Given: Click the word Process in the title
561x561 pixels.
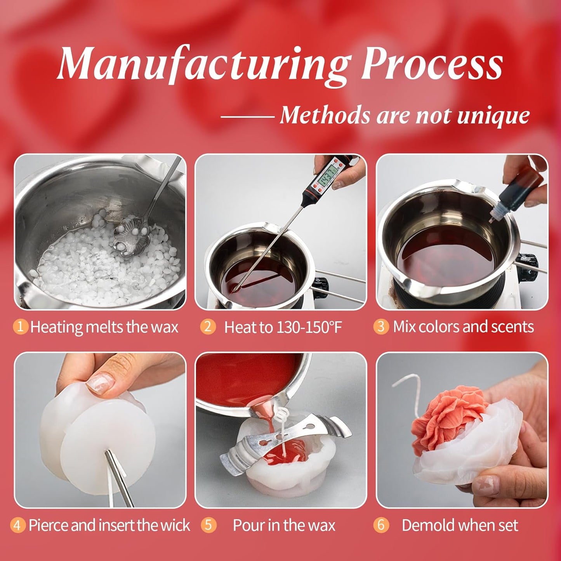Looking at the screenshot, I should point(431,64).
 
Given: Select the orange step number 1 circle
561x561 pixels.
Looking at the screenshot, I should point(21,327).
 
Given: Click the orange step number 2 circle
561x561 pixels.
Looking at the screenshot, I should point(208,327).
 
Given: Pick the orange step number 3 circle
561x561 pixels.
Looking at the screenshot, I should point(381,327).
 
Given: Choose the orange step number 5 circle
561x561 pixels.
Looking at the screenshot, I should point(208,525).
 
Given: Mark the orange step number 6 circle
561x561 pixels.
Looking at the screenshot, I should point(381,525).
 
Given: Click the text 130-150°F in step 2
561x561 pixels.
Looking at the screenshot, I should point(309,327).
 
